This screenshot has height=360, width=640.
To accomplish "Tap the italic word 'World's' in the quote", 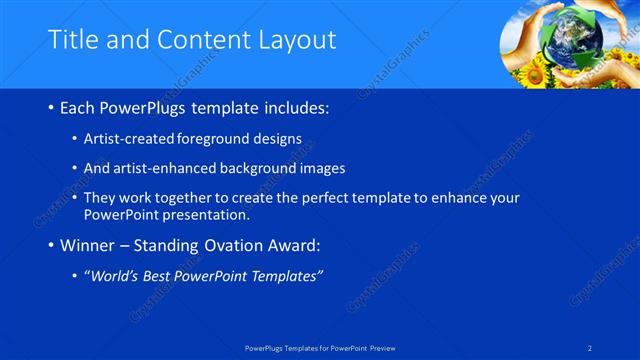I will pyautogui.click(x=115, y=275).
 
